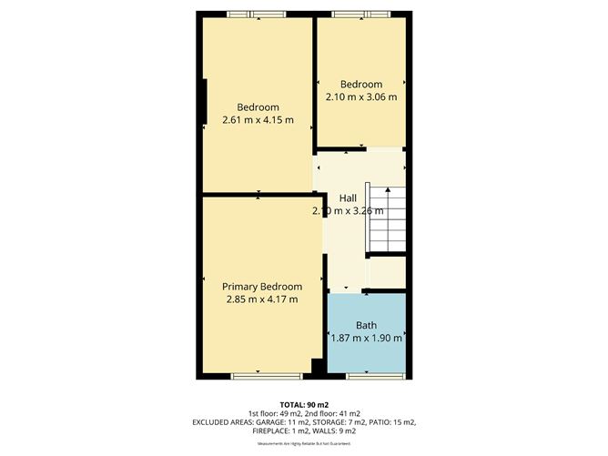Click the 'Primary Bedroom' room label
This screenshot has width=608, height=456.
pyautogui.click(x=262, y=286)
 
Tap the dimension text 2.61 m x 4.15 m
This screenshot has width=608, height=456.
pyautogui.click(x=258, y=119)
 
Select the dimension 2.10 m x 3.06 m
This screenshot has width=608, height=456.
pyautogui.click(x=361, y=96)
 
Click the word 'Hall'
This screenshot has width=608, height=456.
pyautogui.click(x=348, y=198)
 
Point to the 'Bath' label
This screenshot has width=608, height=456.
pyautogui.click(x=366, y=325)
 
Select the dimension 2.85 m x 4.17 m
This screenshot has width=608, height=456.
pyautogui.click(x=262, y=299)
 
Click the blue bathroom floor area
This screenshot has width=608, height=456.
pyautogui.click(x=366, y=355)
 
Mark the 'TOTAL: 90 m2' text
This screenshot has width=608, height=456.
pyautogui.click(x=303, y=403)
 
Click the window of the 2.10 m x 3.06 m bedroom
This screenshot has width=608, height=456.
pyautogui.click(x=360, y=14)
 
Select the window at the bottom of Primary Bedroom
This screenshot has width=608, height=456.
pyautogui.click(x=258, y=375)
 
